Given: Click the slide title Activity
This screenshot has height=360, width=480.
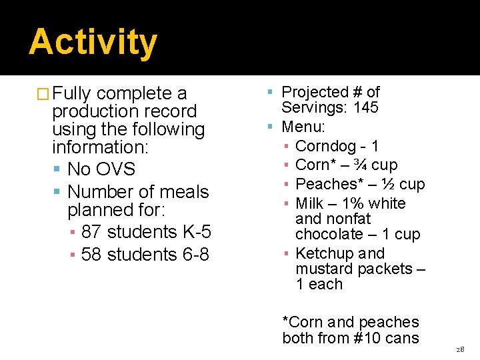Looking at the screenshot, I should (x=93, y=41).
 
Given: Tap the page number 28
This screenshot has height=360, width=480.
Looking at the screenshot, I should (x=460, y=349).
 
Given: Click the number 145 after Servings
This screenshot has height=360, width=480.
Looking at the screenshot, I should (x=366, y=107).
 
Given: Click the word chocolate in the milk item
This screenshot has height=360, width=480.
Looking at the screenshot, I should (x=328, y=234).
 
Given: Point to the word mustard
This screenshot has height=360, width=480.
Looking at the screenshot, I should (x=325, y=269).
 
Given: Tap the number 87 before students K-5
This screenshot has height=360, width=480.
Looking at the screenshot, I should (x=92, y=232).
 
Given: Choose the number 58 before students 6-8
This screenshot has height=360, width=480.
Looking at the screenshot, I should (x=92, y=255).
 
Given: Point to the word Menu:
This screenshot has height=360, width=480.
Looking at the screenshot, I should (x=304, y=126).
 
